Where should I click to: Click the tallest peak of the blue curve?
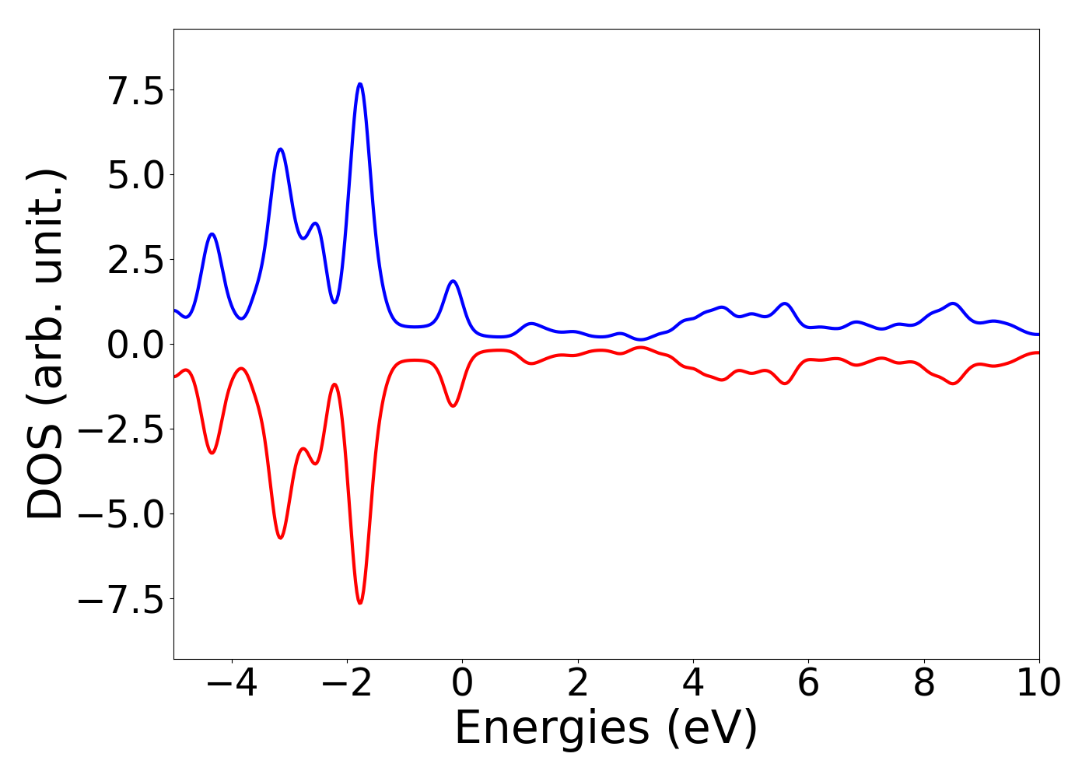point(359,84)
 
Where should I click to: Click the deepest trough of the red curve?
point(359,603)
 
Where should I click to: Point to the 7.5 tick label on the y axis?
point(136,90)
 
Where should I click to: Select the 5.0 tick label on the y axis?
point(136,175)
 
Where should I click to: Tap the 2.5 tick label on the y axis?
point(136,260)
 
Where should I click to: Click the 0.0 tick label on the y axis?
point(136,345)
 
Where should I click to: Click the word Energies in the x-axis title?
point(552,730)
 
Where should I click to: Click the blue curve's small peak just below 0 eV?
point(453,281)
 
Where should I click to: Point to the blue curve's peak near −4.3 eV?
point(212,234)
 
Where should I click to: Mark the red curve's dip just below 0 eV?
point(453,405)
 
